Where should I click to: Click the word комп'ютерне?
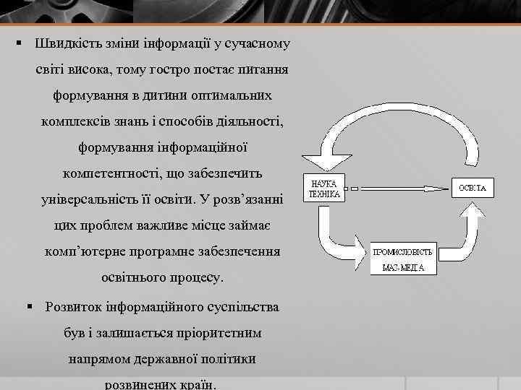[82, 252]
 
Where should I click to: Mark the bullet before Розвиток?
[30, 306]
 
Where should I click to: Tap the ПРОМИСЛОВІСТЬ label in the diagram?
[403, 252]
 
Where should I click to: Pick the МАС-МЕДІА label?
[403, 268]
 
